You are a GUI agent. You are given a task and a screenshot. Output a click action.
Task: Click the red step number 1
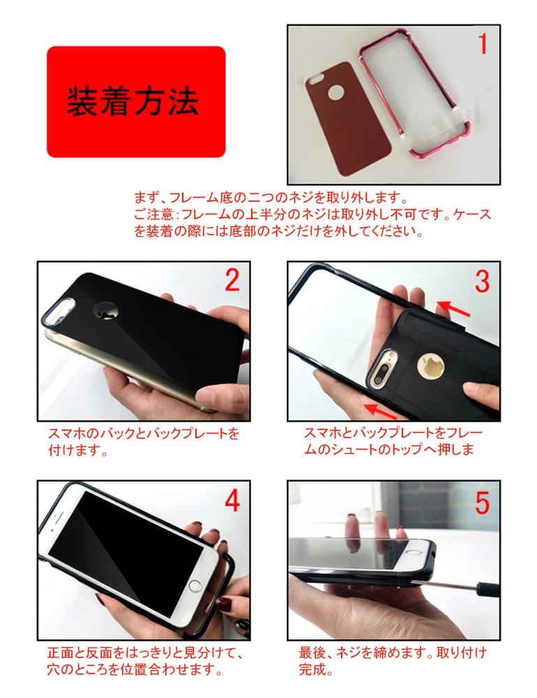(483, 43)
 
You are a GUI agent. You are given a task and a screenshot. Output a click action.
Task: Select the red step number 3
(483, 281)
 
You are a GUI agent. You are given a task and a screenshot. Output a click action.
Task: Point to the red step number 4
(233, 500)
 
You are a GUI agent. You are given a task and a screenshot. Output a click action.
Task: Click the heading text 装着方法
(133, 102)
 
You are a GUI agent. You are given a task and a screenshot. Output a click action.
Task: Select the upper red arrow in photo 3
(453, 309)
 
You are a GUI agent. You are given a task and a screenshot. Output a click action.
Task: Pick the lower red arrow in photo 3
(379, 410)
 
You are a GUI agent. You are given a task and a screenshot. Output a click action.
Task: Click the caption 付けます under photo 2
(77, 450)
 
